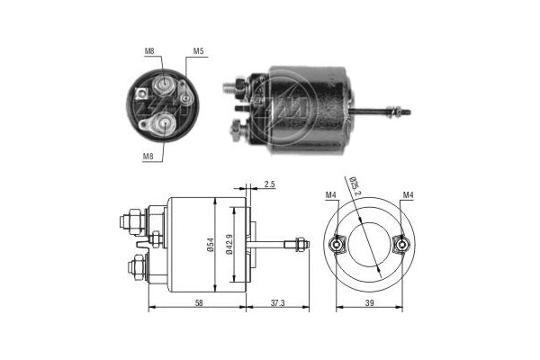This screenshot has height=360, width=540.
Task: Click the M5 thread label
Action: click(198, 52)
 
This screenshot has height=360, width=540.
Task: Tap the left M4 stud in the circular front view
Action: click(338, 243)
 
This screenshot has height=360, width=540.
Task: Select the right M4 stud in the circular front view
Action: click(401, 243)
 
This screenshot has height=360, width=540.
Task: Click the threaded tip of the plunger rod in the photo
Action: click(405, 113)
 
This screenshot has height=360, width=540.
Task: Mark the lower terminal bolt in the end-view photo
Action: click(165, 122)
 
